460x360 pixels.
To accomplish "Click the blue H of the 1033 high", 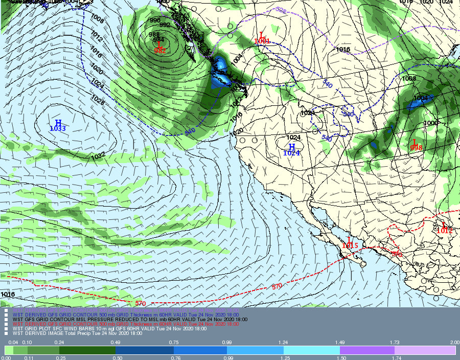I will click(58, 123).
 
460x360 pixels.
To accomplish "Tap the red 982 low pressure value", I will click(159, 51).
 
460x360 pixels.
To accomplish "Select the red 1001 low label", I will click(262, 41).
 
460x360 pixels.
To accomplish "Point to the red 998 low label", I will click(416, 148).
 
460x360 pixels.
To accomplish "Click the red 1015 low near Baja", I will click(350, 246).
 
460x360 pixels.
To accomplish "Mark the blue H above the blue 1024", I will click(292, 147).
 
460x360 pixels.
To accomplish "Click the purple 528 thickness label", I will click(281, 10).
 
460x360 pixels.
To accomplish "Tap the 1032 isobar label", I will click(98, 155).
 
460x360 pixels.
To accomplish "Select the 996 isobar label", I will click(155, 20).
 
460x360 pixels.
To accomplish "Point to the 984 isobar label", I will click(158, 40).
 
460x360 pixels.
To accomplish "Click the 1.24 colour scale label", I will click(283, 342).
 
